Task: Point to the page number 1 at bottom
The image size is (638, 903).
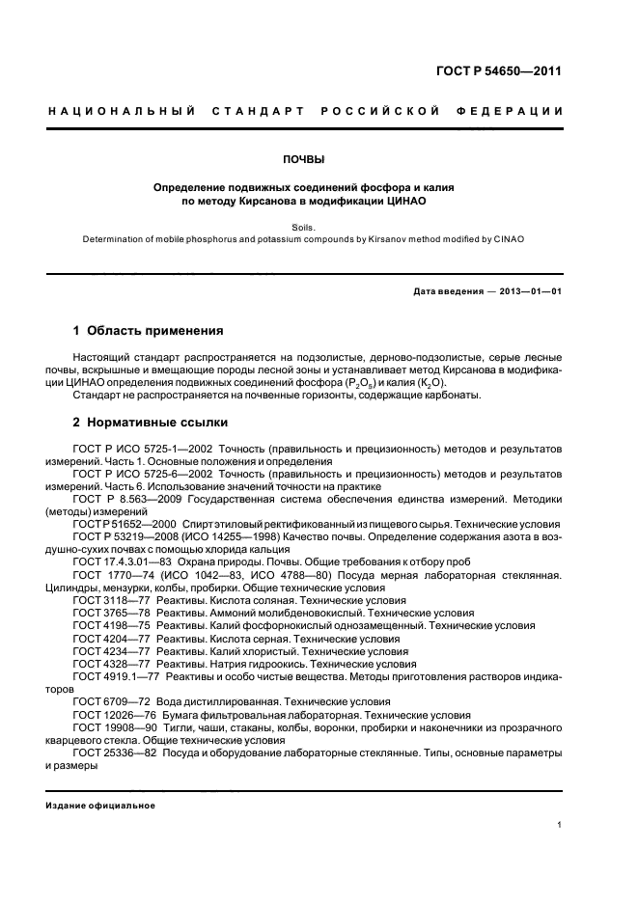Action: [560, 824]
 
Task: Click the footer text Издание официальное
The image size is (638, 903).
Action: [100, 806]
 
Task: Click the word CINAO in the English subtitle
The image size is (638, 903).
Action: [508, 239]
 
